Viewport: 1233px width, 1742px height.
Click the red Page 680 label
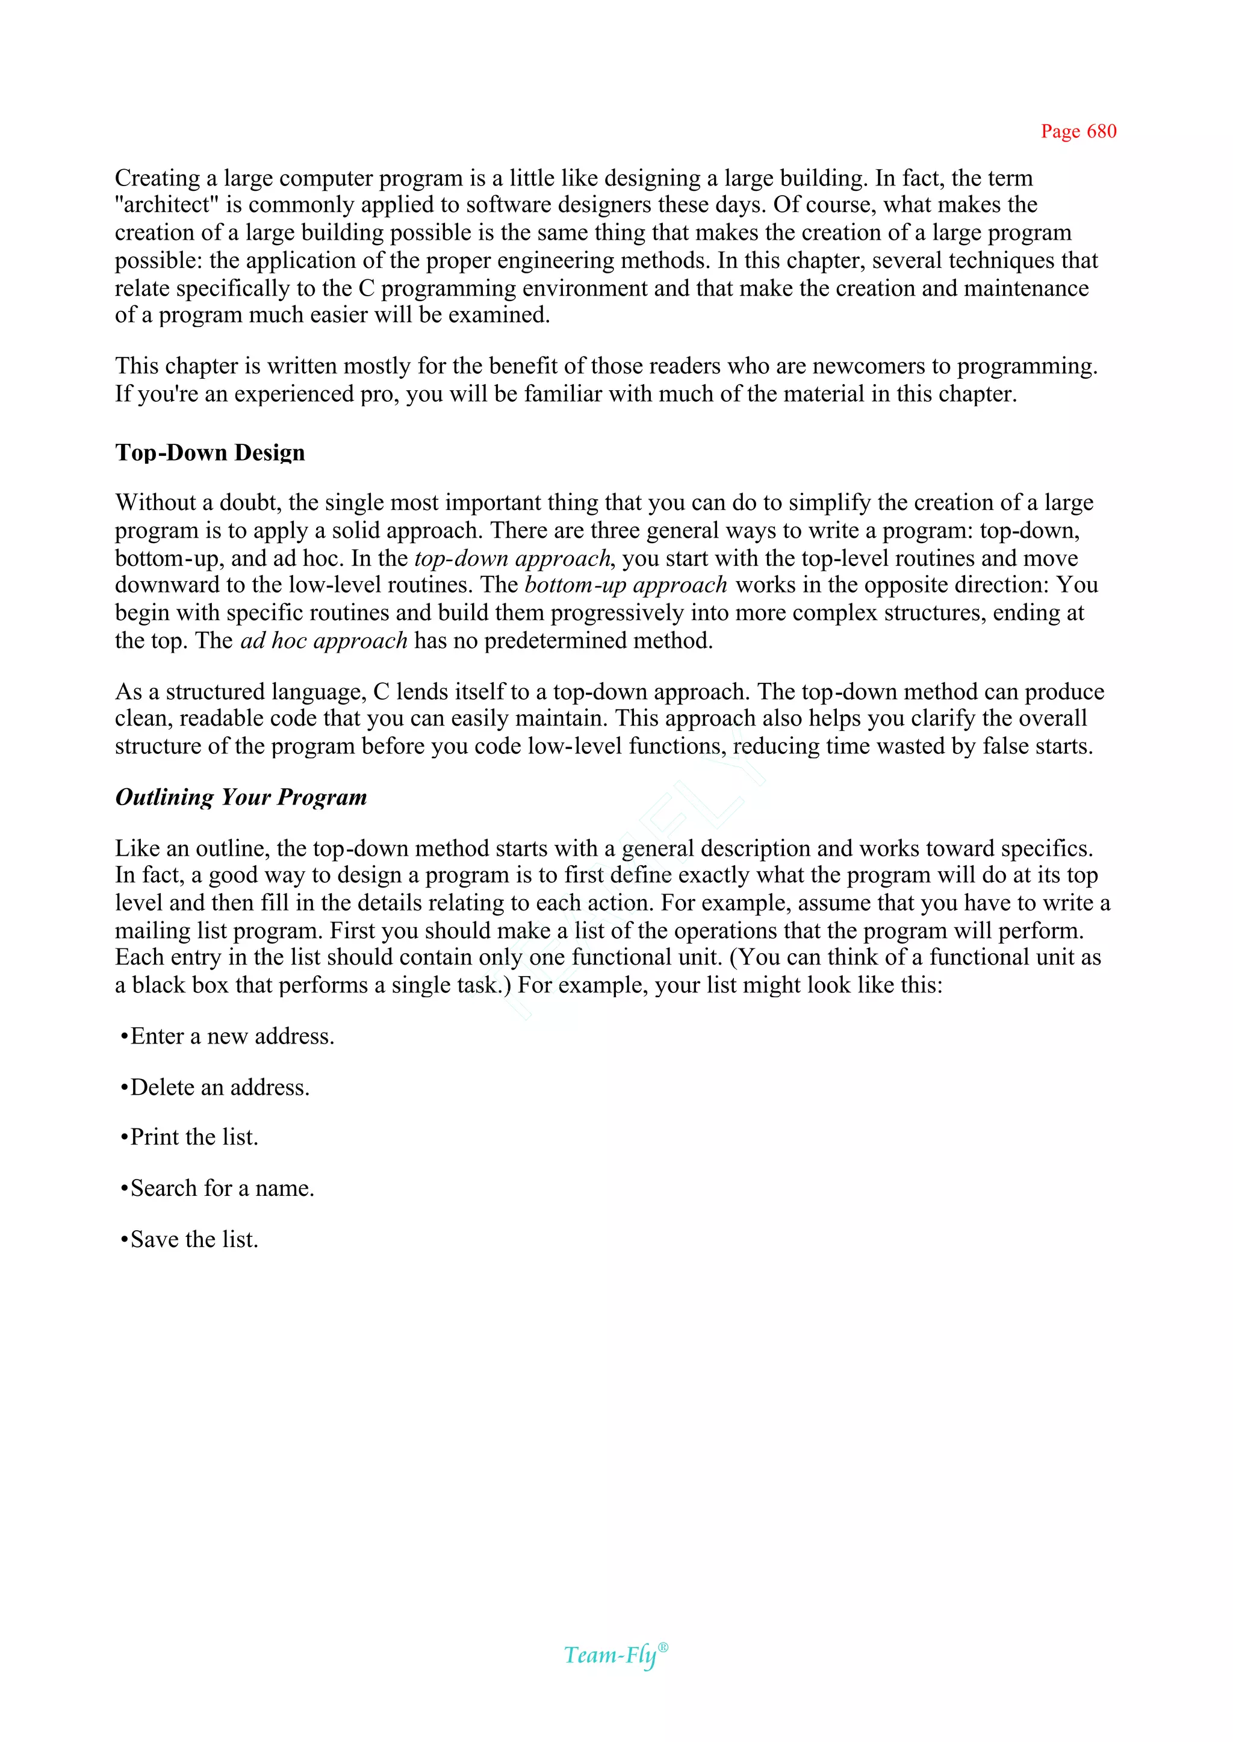coord(1078,131)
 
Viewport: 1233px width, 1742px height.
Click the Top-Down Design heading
coord(210,453)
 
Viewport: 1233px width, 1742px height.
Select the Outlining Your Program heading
coord(241,797)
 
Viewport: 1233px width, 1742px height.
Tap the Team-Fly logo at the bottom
coord(610,1655)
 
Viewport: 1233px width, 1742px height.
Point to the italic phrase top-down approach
coord(512,559)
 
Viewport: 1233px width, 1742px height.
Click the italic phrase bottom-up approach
coord(626,585)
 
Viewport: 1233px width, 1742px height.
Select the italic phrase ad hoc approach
coord(324,641)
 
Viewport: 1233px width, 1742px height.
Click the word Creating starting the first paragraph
coord(157,178)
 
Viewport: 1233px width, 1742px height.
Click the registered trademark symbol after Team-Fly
coord(663,1647)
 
